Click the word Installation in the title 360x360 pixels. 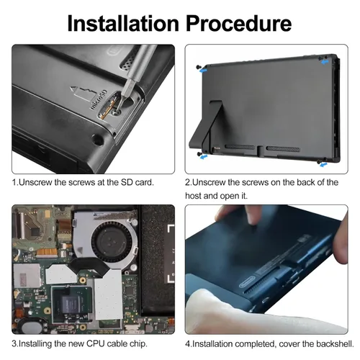point(123,23)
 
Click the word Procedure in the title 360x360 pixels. point(239,24)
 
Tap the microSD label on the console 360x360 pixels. point(99,100)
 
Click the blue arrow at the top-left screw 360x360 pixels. point(203,71)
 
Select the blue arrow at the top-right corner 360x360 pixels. point(325,62)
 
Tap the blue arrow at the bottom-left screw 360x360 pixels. point(204,157)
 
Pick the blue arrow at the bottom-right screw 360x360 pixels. point(323,165)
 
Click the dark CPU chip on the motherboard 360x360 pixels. point(71,304)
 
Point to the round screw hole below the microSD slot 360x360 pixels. point(98,139)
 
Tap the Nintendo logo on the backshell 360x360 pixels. point(246,285)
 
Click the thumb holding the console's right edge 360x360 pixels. point(341,240)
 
